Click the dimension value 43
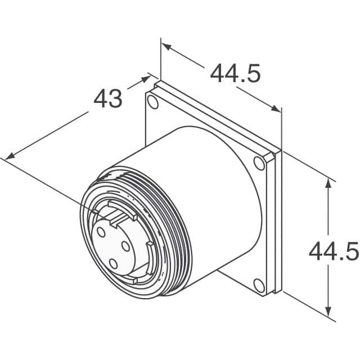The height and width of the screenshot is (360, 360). point(107,99)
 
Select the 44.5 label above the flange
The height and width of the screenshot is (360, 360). point(235,73)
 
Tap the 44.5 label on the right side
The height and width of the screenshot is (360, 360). point(333,251)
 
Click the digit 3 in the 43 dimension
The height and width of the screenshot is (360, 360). point(115,99)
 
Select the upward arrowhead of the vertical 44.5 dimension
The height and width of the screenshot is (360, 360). point(328,182)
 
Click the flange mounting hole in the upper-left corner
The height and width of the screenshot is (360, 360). point(152,101)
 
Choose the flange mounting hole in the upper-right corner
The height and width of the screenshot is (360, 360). point(259,163)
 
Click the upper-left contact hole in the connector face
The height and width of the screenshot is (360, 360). point(101,232)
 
